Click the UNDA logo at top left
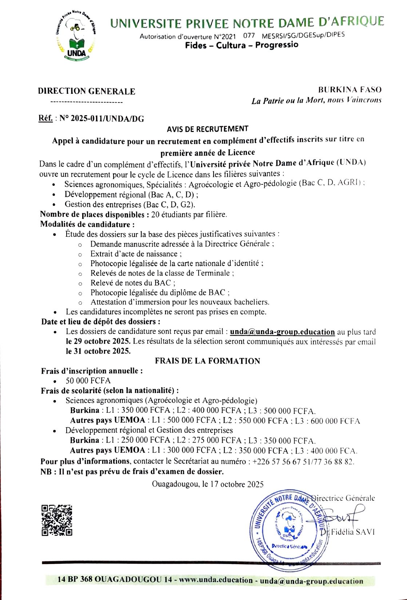point(76,36)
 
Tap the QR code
point(57,520)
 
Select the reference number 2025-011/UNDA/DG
point(101,119)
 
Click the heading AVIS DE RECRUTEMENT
point(208,129)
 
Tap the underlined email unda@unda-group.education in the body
point(282,332)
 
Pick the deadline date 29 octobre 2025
point(98,341)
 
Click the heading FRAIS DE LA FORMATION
point(207,361)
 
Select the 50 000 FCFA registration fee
point(88,381)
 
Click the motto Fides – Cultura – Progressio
point(242,45)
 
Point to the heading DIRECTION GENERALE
point(87,91)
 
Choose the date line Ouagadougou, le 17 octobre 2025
point(208,484)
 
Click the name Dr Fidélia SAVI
point(347,532)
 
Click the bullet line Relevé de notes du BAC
point(133,283)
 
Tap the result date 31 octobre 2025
point(98,351)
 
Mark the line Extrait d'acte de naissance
point(136,254)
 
